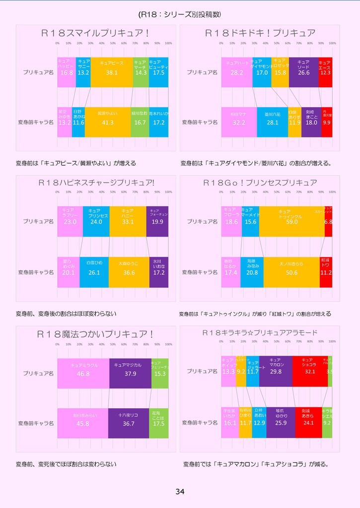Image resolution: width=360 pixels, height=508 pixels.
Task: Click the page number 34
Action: pyautogui.click(x=180, y=492)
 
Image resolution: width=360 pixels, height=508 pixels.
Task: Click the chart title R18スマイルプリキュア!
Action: pyautogui.click(x=95, y=33)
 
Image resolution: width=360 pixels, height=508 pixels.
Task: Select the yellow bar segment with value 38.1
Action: pyautogui.click(x=112, y=72)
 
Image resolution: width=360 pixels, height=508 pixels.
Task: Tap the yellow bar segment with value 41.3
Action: pyautogui.click(x=107, y=122)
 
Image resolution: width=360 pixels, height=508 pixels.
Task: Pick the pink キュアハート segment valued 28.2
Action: pyautogui.click(x=236, y=72)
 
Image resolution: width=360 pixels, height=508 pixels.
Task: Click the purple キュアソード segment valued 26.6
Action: pyautogui.click(x=303, y=72)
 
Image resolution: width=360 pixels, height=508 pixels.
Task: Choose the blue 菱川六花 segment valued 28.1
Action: pyautogui.click(x=272, y=122)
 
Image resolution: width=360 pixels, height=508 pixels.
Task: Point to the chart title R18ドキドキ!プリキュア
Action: pyautogui.click(x=260, y=33)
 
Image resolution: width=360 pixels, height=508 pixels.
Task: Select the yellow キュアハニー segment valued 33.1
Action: pyautogui.click(x=128, y=221)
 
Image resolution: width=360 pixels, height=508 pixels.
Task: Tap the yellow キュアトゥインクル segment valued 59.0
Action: pyautogui.click(x=291, y=221)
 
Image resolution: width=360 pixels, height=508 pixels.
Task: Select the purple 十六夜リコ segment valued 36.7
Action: pyautogui.click(x=129, y=423)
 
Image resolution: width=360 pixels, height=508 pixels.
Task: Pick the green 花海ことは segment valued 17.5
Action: pyautogui.click(x=159, y=423)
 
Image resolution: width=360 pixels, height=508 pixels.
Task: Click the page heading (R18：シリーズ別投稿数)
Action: pyautogui.click(x=180, y=14)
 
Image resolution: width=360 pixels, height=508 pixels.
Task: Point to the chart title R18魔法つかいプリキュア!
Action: pyautogui.click(x=95, y=334)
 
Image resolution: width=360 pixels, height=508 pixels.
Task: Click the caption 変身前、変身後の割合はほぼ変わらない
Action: pyautogui.click(x=66, y=314)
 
